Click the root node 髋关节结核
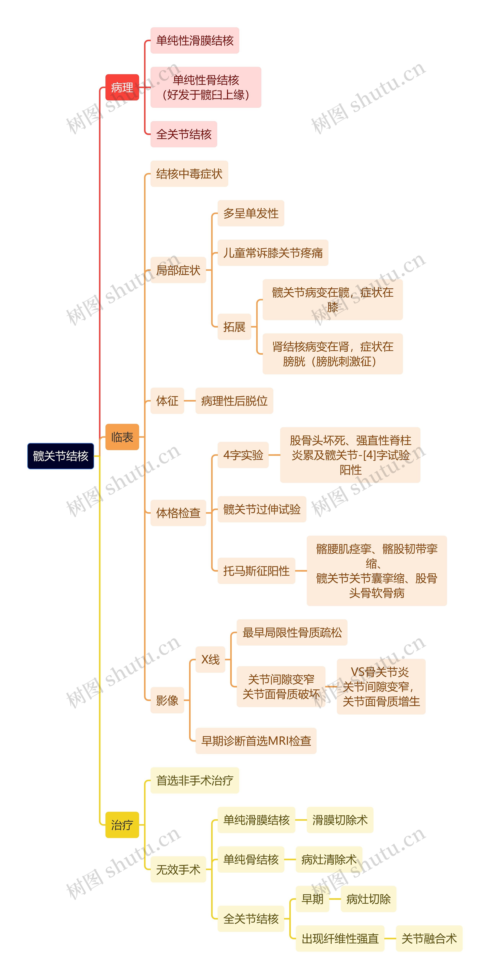60,456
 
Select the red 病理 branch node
122,87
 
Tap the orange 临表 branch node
122,437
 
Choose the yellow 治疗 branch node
122,825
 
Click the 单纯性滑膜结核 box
195,40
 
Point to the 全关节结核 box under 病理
184,134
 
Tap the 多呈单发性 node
251,213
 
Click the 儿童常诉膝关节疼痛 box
273,253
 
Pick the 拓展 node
234,327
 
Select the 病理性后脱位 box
234,401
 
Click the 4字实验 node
243,455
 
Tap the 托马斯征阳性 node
256,571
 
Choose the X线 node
210,659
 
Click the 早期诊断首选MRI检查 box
256,741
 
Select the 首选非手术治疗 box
195,780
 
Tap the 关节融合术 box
429,938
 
